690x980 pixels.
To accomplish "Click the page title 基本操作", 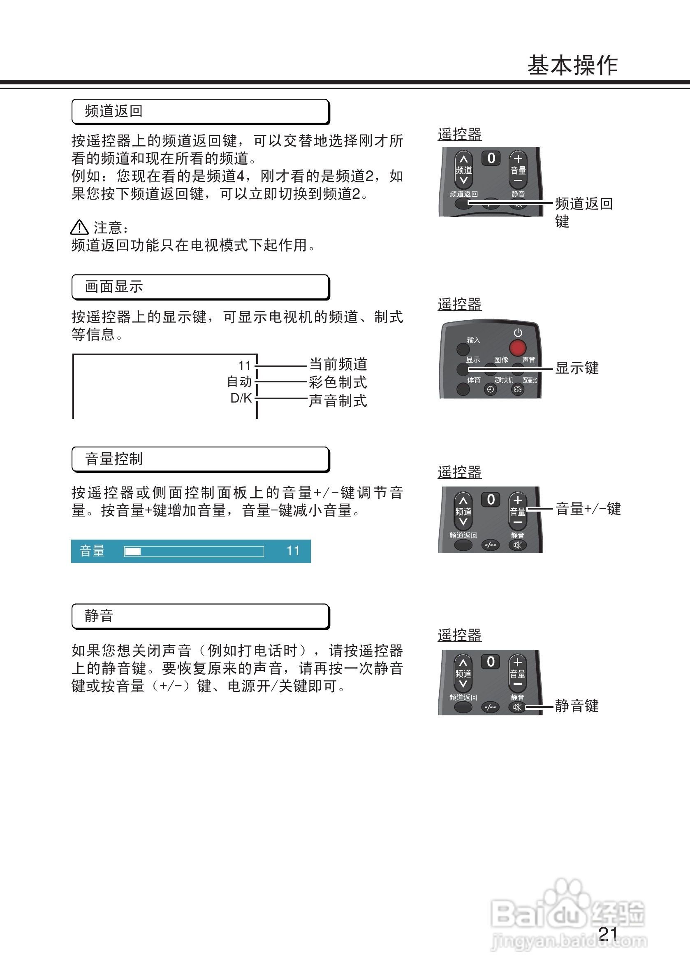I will tap(572, 65).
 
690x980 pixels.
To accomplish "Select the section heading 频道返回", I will tap(113, 112).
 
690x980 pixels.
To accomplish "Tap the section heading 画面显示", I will tap(113, 287).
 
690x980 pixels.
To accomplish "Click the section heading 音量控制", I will tap(113, 459).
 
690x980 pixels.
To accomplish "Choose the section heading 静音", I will tap(99, 616).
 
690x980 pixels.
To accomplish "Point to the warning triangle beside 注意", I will tap(79, 228).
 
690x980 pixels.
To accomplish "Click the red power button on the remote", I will tap(517, 348).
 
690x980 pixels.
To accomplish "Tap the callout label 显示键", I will tap(577, 368).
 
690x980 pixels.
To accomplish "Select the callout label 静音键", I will tap(577, 706).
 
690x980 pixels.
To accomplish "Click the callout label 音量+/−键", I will tap(588, 509).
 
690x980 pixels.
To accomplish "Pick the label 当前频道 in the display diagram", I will tap(338, 365).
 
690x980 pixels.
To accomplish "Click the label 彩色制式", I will tap(338, 382).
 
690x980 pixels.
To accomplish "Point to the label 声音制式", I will tap(338, 401).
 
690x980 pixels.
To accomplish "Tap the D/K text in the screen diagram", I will tap(241, 398).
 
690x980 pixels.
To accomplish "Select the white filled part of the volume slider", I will tap(133, 552).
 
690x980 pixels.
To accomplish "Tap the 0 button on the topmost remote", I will tap(491, 158).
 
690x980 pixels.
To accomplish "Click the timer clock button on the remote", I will tap(491, 389).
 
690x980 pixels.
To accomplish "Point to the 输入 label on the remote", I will tap(473, 340).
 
